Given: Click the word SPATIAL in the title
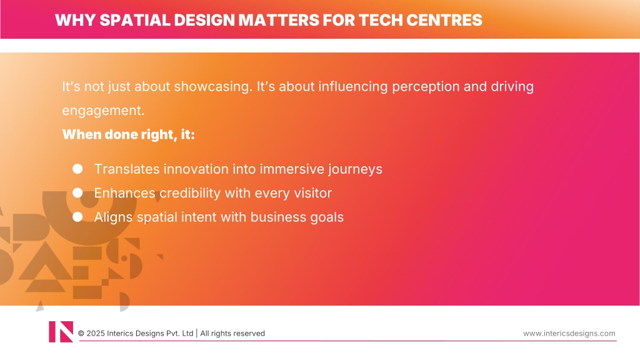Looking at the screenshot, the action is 135,20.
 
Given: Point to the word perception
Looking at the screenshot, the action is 426,87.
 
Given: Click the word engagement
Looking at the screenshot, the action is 103,111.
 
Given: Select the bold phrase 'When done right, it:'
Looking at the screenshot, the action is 129,134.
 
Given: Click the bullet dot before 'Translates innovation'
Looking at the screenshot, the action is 77,169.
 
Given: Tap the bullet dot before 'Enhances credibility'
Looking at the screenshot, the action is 77,192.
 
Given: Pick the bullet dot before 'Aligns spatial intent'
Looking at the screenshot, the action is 77,217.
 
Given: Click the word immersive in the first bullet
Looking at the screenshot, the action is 292,169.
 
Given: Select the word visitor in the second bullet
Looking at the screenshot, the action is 313,193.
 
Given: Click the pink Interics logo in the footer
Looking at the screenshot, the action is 61,332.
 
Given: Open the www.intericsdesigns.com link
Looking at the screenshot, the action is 569,334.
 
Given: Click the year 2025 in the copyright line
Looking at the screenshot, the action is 95,334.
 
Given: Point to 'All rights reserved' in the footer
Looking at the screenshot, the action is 232,334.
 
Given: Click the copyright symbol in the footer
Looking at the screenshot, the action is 81,334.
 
